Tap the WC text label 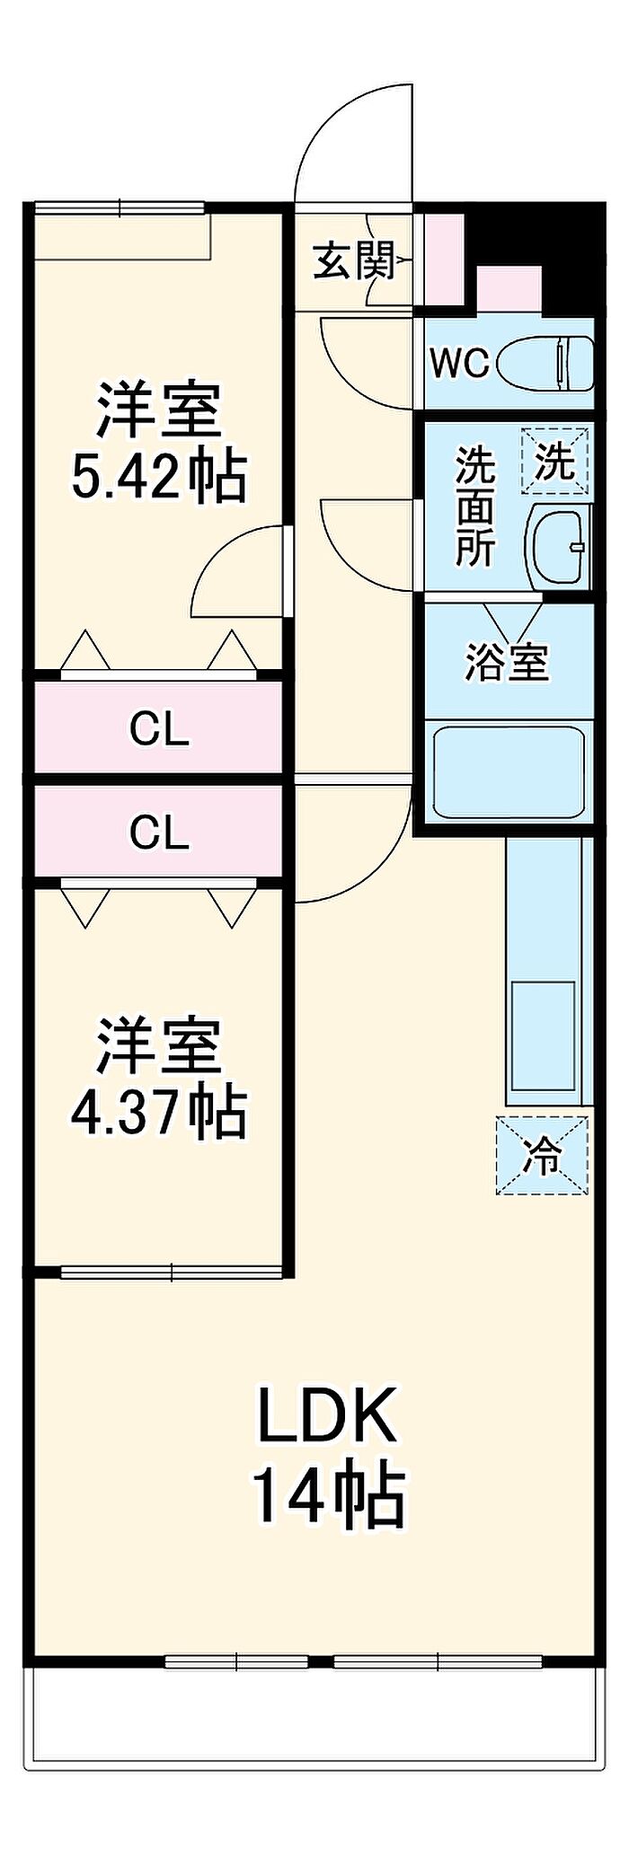click(458, 363)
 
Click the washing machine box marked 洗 click(555, 462)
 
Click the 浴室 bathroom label click(506, 662)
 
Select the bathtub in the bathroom click(509, 771)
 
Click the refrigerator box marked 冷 click(543, 1156)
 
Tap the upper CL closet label click(159, 729)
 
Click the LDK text click(327, 1416)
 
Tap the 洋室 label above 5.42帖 click(159, 410)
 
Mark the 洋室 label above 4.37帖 click(159, 1046)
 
